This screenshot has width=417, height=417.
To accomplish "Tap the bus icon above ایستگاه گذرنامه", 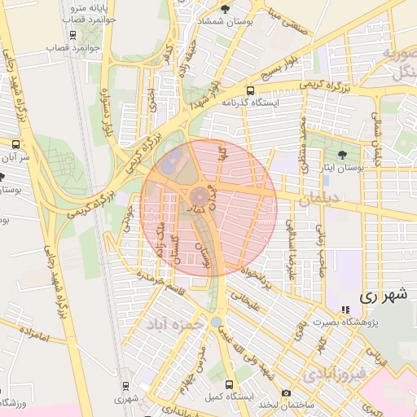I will (x=250, y=91).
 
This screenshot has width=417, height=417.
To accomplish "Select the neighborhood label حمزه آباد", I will (x=173, y=324).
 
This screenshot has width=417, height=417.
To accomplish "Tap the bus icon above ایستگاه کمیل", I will (x=230, y=384).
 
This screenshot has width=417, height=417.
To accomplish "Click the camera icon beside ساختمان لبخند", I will (x=286, y=393).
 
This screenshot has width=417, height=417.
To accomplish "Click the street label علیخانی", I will (x=245, y=303).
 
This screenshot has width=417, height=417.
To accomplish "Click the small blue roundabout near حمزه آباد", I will (x=214, y=323).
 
